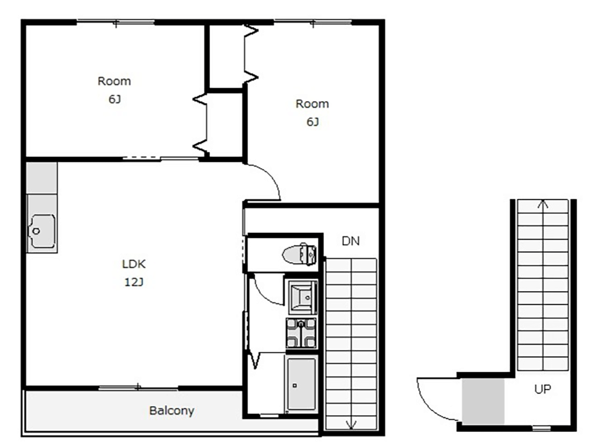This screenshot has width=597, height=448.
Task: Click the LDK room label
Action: coord(133,264)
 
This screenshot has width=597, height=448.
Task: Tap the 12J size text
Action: coord(133,282)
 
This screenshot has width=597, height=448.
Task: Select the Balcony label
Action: coord(171,411)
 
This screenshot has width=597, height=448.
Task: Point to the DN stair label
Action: coord(350,241)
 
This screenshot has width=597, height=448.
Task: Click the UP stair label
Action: coord(542,389)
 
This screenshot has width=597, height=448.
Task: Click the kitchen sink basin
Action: coord(42,231)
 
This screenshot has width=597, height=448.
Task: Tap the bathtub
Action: coord(301,384)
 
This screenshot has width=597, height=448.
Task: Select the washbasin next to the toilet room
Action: coord(302,297)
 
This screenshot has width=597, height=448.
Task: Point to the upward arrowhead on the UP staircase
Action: coord(543,204)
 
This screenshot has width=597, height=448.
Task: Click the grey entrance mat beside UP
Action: coord(483,402)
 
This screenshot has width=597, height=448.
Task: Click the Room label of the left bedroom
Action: coord(114,81)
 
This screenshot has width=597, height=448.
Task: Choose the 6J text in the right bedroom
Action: coord(312,122)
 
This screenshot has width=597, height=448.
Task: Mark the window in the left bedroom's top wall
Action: coord(115,22)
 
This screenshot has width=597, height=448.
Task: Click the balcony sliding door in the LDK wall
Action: coord(138,388)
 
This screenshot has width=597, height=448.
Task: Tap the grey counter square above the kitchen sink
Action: coord(42,178)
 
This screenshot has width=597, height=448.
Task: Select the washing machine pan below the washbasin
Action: coord(301,334)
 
